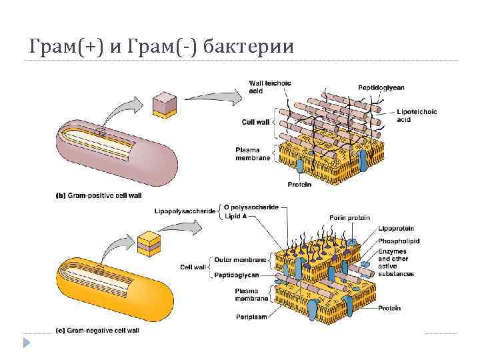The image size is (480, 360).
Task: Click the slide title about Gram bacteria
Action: tap(160, 47)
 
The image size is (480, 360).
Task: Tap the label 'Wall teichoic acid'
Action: tap(265, 86)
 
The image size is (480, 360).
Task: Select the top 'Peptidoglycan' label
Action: tap(381, 87)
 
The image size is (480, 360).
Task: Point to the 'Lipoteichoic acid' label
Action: tap(417, 115)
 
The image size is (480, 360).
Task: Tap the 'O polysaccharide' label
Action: tap(251, 207)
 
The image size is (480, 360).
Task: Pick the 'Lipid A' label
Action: tap(237, 216)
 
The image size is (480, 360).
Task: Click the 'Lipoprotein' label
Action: tap(396, 229)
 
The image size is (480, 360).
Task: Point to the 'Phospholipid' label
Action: tap(399, 241)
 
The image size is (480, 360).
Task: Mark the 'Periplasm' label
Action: tap(251, 316)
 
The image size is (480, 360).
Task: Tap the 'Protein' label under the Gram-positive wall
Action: tap(299, 184)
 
